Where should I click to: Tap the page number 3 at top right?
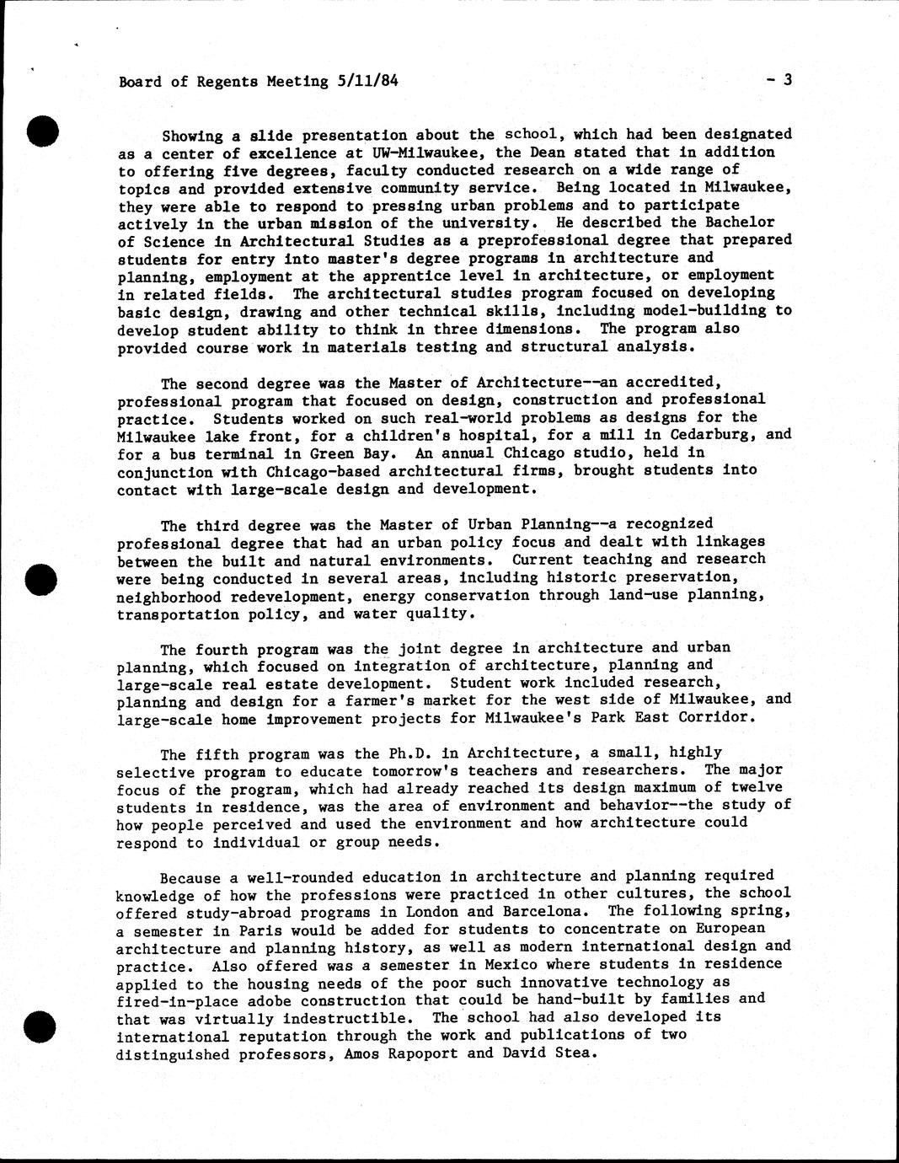point(787,80)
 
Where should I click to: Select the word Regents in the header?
point(227,82)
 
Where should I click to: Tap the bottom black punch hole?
point(40,1026)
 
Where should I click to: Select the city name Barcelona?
point(538,911)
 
